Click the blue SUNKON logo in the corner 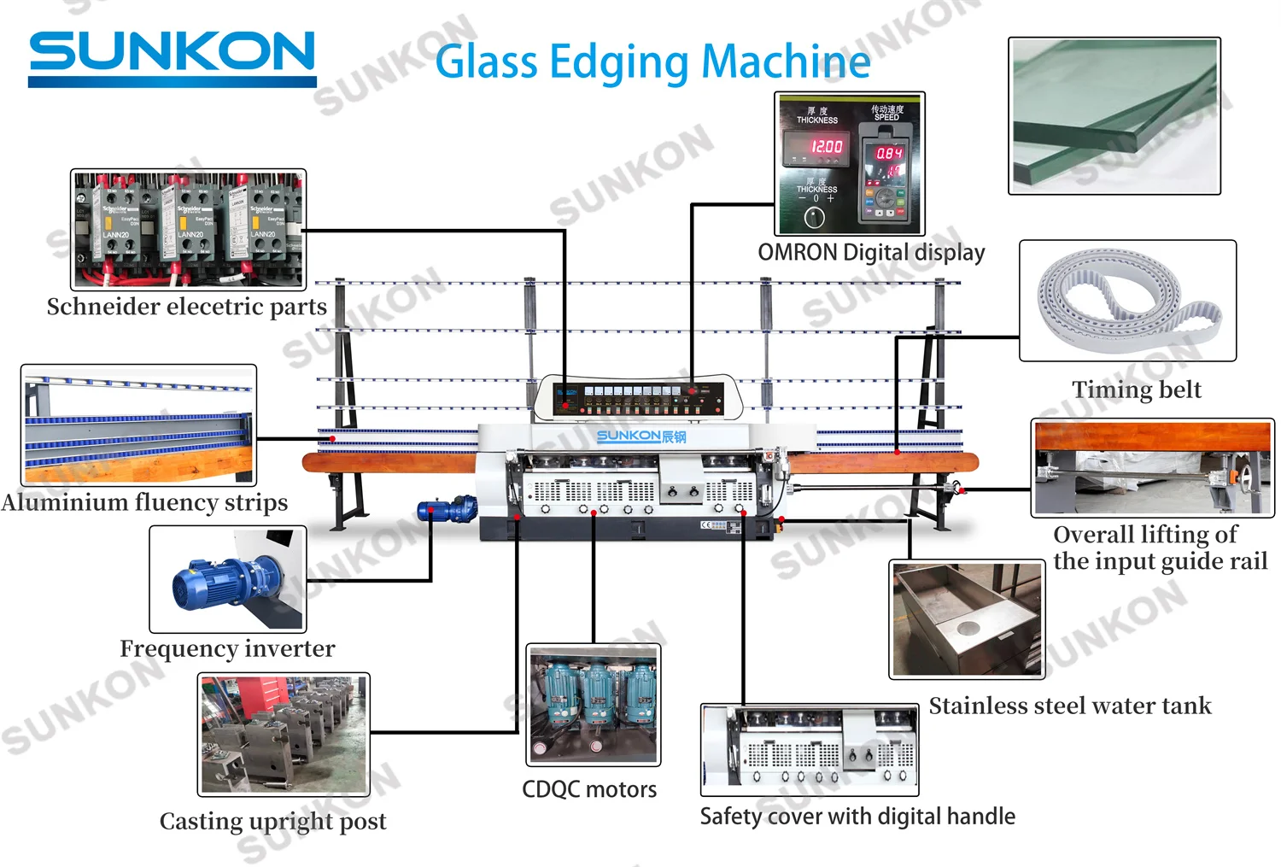[172, 55]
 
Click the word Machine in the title [786, 62]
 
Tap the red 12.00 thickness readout [826, 146]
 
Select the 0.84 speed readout [888, 153]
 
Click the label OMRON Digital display [871, 253]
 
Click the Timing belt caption [1136, 390]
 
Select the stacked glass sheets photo [1114, 115]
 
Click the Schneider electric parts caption [186, 307]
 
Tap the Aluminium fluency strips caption [144, 502]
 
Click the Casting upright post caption [272, 822]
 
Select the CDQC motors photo [594, 705]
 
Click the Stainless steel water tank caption [1069, 706]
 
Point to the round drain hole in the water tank [968, 629]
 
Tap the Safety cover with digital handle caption [857, 817]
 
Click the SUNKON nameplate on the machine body [640, 436]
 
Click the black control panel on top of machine [639, 397]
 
